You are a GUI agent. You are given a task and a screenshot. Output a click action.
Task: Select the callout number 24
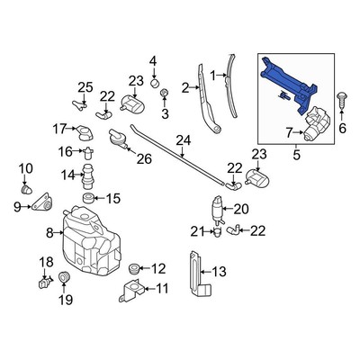click(184, 140)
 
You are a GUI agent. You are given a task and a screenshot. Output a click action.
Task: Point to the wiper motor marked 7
click(317, 123)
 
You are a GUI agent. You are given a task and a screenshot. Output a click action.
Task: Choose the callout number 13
click(219, 272)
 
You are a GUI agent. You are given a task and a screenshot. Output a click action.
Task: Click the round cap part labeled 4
click(154, 82)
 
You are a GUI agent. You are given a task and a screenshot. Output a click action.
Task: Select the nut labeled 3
click(164, 94)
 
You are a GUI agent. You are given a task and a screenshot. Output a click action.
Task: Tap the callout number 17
click(59, 130)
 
